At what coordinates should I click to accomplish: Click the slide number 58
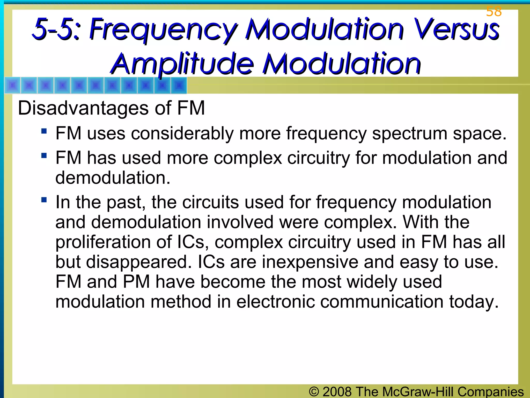pos(494,12)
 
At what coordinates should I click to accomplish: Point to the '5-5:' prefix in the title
pos(56,29)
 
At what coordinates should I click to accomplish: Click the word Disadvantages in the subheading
pos(83,108)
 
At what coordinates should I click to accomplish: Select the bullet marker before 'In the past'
pos(44,200)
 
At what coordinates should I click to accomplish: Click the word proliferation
pos(103,242)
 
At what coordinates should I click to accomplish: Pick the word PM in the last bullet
pos(136,282)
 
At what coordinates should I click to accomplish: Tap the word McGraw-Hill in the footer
pos(418,392)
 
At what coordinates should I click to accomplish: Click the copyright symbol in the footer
pos(314,392)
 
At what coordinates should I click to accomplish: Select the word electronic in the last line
pos(275,302)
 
